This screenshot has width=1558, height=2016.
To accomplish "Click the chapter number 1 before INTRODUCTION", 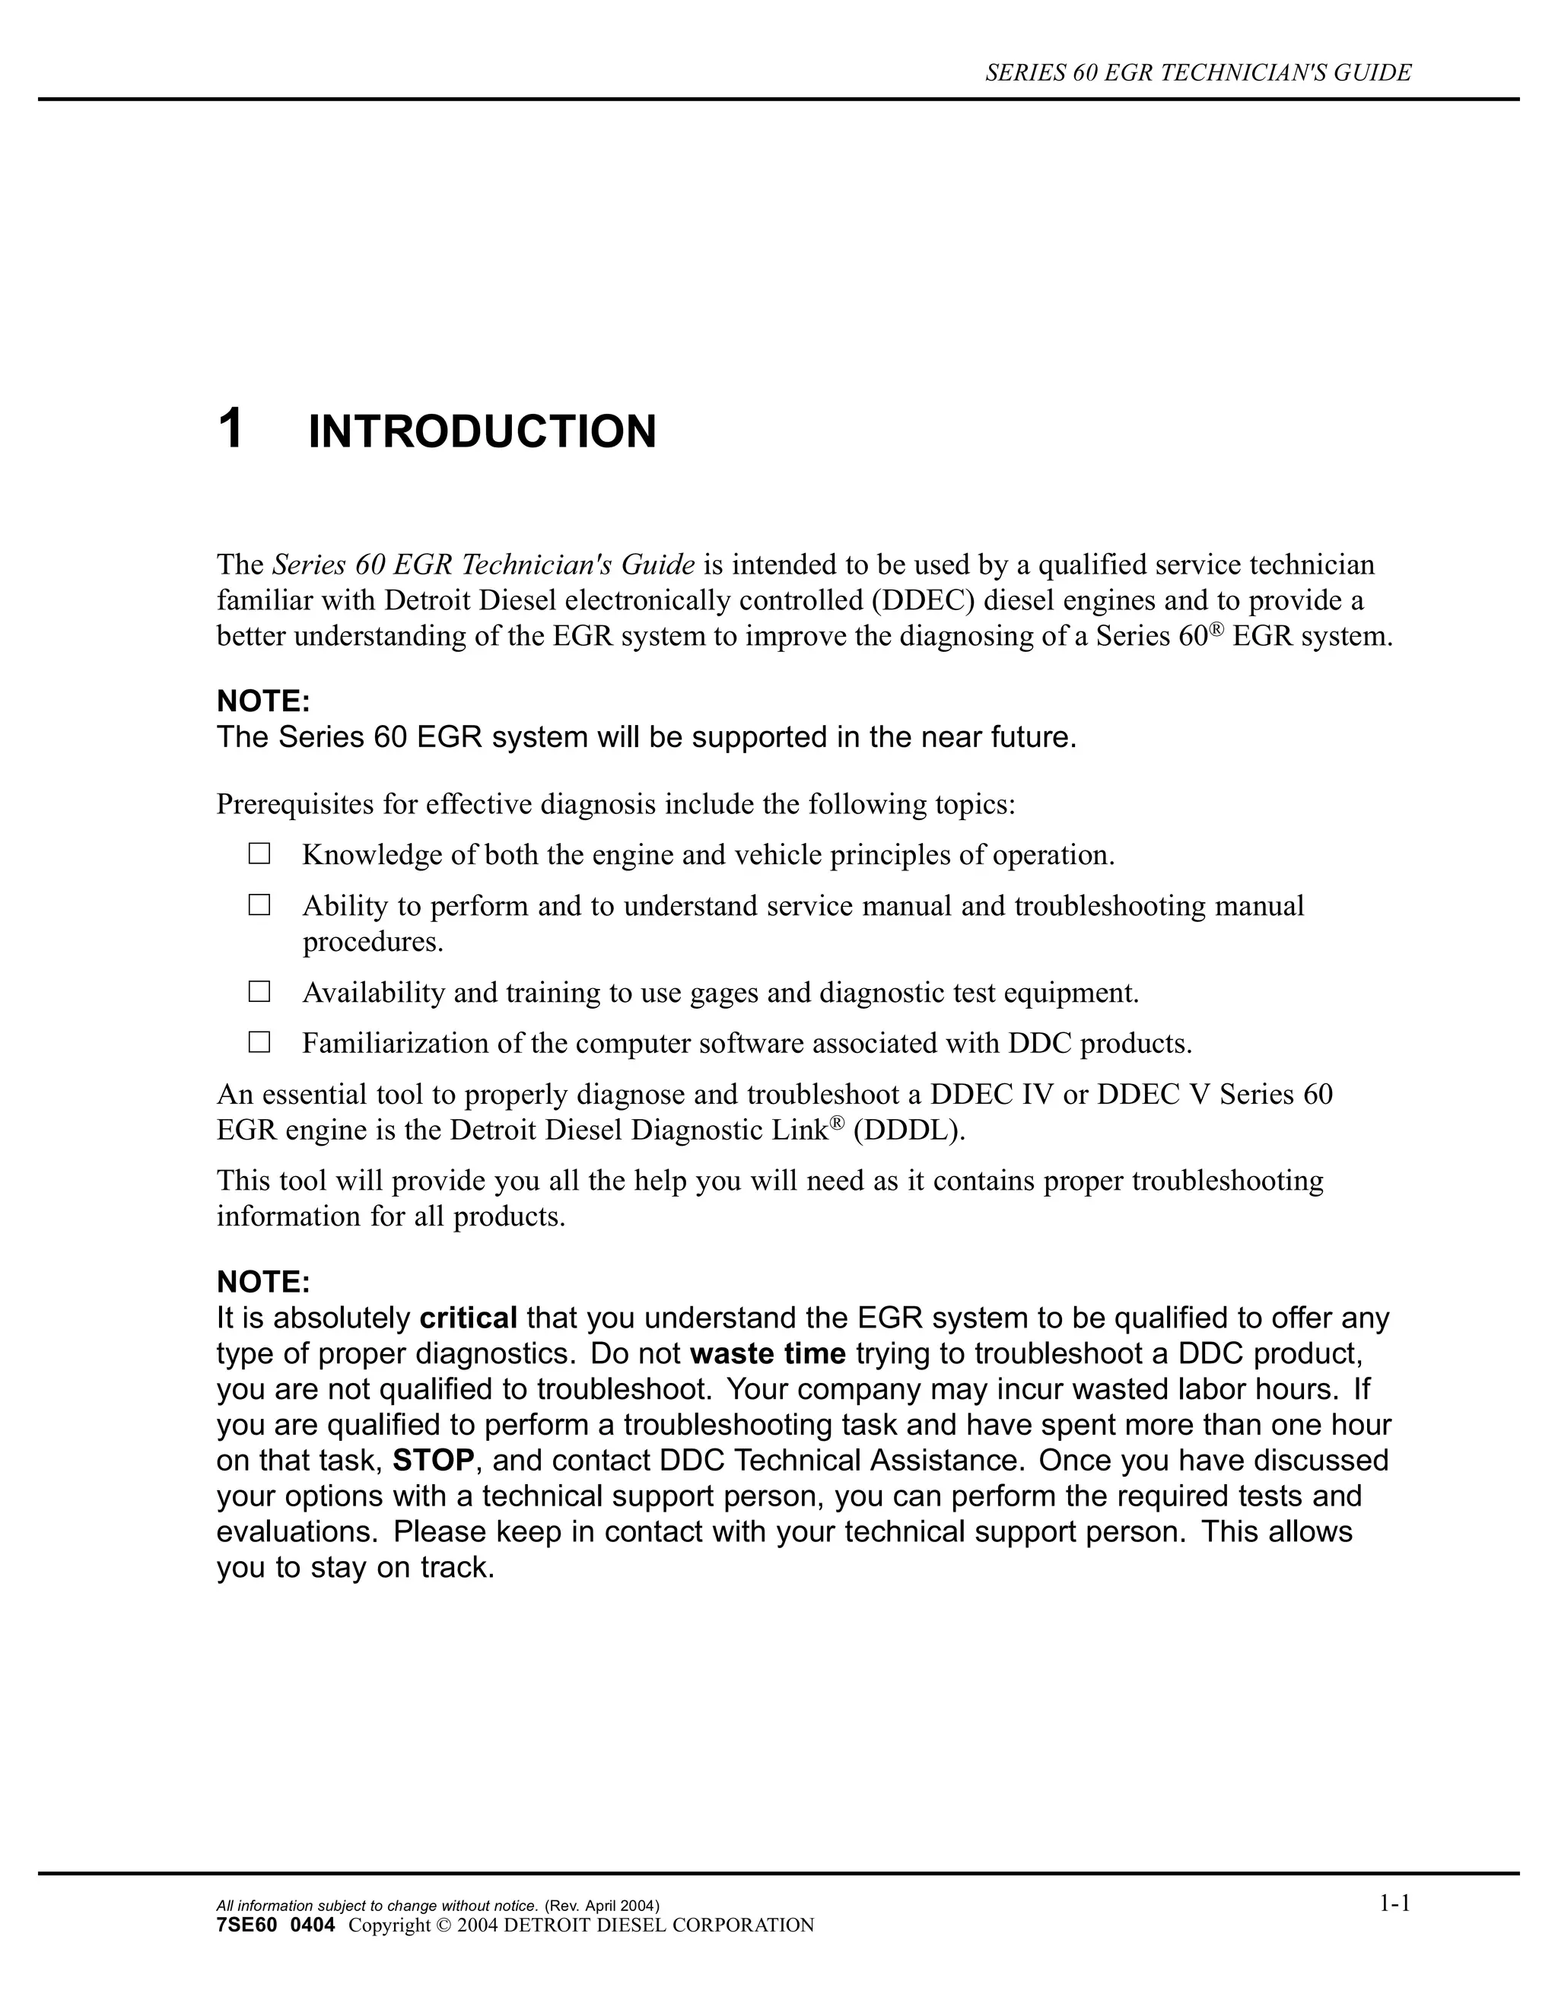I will (x=231, y=430).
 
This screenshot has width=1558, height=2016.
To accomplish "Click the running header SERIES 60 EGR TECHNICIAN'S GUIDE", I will (x=1198, y=73).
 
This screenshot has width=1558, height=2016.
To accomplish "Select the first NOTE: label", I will (x=263, y=701).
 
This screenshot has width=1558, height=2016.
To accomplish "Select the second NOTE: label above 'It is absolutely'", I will (x=263, y=1282).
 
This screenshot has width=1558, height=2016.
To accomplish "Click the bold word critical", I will (x=468, y=1318).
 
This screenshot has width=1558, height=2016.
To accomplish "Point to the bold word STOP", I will (x=433, y=1461).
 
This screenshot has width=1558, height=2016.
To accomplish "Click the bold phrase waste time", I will (x=767, y=1354).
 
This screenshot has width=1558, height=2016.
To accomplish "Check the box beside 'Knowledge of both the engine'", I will (x=259, y=854).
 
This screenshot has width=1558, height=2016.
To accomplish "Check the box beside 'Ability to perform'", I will (x=259, y=905).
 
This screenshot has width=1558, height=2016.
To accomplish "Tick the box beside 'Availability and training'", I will (x=259, y=992).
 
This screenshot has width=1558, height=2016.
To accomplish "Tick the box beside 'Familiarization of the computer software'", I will (x=259, y=1043).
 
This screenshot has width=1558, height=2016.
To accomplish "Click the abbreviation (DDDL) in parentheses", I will (x=909, y=1130).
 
